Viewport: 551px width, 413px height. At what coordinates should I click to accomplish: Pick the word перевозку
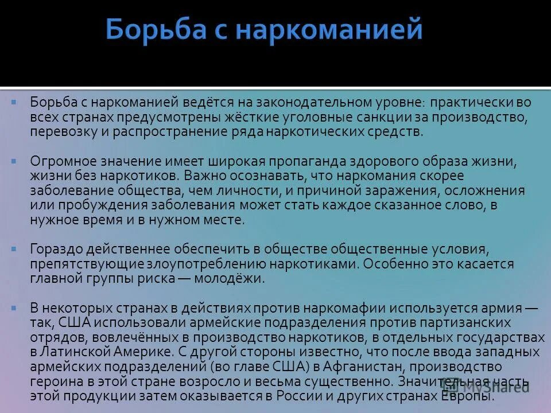tap(60, 132)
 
